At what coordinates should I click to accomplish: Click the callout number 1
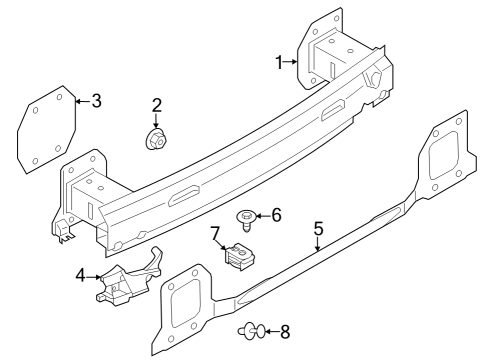pyautogui.click(x=280, y=63)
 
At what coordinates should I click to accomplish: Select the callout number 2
pyautogui.click(x=157, y=105)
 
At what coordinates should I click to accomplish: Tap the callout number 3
pyautogui.click(x=96, y=101)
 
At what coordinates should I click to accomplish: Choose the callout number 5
pyautogui.click(x=318, y=229)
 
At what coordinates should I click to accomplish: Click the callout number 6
pyautogui.click(x=277, y=214)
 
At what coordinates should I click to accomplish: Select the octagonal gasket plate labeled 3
pyautogui.click(x=47, y=130)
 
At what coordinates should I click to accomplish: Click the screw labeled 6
pyautogui.click(x=246, y=217)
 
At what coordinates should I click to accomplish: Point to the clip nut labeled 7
pyautogui.click(x=240, y=257)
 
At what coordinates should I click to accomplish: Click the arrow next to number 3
pyautogui.click(x=82, y=101)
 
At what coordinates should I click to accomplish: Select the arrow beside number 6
pyautogui.click(x=263, y=214)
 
